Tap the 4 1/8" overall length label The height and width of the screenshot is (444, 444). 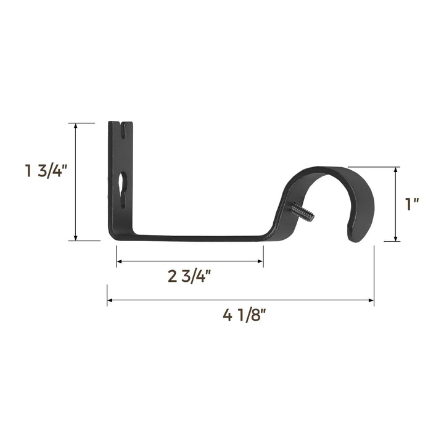[x=244, y=316]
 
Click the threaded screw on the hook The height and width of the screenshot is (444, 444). [x=303, y=213]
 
